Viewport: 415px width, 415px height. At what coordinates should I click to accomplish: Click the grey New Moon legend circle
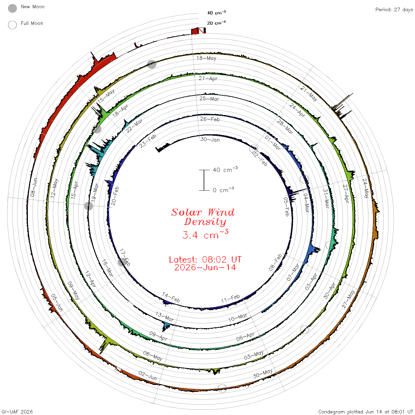click(x=12, y=8)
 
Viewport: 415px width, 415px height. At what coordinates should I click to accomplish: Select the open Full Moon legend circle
click(x=12, y=25)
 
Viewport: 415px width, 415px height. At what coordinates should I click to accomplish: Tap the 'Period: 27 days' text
click(x=394, y=10)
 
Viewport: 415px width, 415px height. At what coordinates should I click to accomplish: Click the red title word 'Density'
click(x=205, y=222)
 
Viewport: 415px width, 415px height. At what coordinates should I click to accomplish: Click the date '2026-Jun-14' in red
click(x=205, y=267)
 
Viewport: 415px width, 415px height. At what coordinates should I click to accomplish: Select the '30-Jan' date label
click(x=210, y=139)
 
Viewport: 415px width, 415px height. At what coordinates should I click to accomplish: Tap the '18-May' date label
click(x=206, y=58)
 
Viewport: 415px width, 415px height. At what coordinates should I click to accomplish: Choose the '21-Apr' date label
click(x=208, y=78)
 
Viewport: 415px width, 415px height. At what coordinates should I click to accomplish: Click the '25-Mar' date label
click(x=209, y=99)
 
